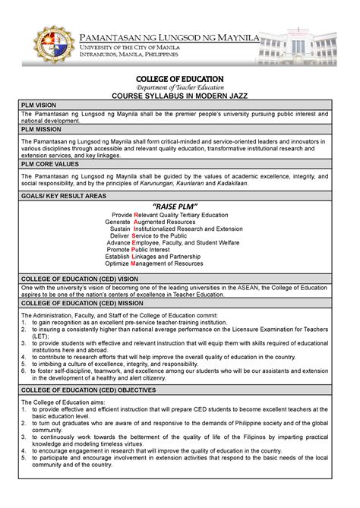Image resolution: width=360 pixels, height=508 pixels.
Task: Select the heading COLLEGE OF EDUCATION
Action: click(180, 79)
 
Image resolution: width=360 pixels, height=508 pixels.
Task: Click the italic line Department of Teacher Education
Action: click(180, 87)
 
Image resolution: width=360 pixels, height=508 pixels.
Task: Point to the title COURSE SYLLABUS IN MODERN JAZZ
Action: click(180, 96)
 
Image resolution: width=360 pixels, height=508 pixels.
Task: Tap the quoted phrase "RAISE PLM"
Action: click(175, 207)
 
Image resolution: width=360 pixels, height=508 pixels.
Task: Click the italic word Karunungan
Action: click(189, 183)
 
